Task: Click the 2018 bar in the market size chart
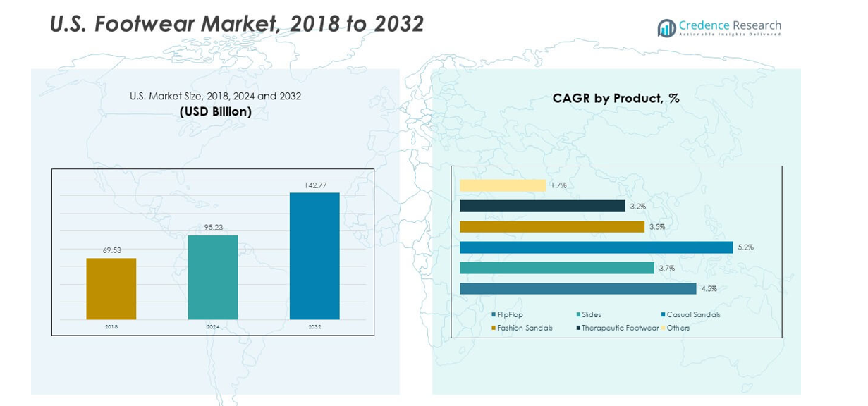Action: tap(111, 289)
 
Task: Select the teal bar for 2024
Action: tap(212, 277)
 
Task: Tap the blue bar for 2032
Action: tap(314, 256)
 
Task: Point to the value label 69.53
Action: tap(111, 250)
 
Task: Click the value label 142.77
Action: tap(314, 185)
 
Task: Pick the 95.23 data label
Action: tap(212, 227)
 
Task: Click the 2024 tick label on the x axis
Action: tap(212, 327)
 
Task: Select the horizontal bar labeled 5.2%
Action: tap(596, 247)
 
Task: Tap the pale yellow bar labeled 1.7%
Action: tap(502, 185)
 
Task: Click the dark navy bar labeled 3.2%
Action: tap(542, 206)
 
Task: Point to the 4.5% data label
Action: tap(708, 289)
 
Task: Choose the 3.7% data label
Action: tap(666, 269)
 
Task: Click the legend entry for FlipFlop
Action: tap(510, 314)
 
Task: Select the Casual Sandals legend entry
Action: tap(693, 314)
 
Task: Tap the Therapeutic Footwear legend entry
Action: tap(620, 328)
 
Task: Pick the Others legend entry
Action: tap(678, 328)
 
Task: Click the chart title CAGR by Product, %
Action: tap(616, 99)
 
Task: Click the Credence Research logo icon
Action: tap(666, 27)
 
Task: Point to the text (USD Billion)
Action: tap(215, 112)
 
